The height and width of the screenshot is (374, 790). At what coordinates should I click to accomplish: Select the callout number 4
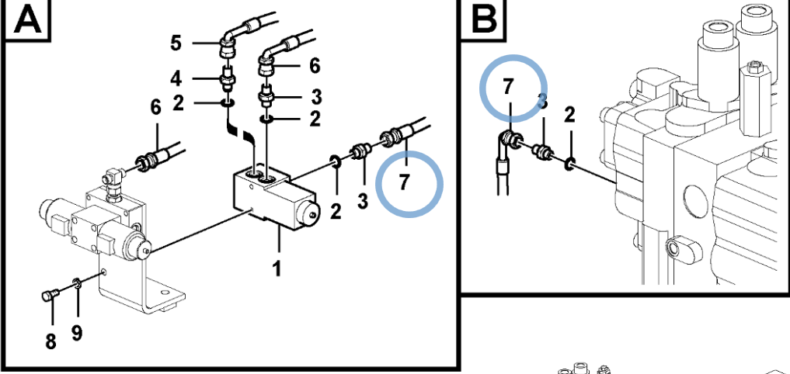tap(176, 78)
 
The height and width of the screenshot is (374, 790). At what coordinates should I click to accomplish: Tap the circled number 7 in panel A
tap(403, 183)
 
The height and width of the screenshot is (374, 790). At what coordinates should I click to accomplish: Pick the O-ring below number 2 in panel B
tap(569, 163)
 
